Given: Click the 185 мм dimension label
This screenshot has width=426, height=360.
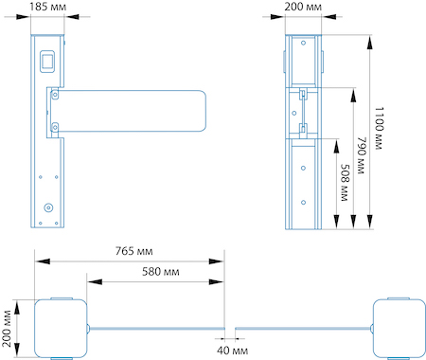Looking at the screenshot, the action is coord(48,7).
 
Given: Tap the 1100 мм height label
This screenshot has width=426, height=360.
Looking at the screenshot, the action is coord(379,128).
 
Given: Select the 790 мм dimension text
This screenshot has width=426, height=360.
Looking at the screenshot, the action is coord(361,155).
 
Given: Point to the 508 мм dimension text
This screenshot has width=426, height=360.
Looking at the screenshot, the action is coord(345,183).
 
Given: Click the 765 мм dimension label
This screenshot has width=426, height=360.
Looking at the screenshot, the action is coord(133,251).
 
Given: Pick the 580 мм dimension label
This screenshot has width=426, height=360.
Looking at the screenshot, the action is coord(161,272).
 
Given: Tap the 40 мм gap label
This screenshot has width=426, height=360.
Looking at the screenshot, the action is coord(232,351).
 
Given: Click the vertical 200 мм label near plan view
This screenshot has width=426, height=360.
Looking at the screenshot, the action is coord(7,329).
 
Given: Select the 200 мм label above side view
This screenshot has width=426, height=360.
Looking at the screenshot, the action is coord(303,7).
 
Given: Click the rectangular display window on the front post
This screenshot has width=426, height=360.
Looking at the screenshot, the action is coord(47,62).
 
